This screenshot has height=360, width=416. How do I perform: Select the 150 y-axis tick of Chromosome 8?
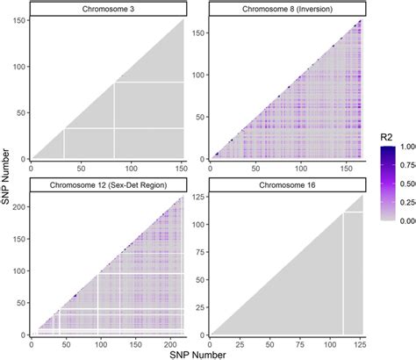[x=198, y=33]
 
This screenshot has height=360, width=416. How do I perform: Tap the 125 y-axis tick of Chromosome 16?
[x=198, y=199]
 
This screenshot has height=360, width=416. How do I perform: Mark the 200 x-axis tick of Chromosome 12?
[x=175, y=341]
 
